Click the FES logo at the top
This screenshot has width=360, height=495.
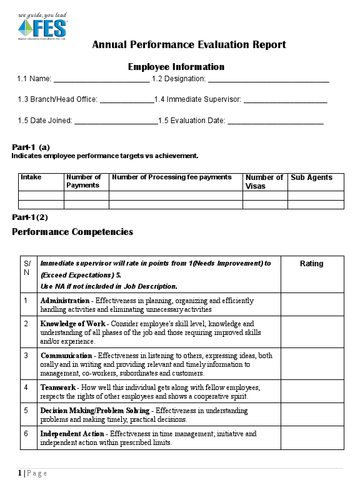pyautogui.click(x=42, y=26)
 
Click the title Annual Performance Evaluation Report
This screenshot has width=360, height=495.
pyautogui.click(x=189, y=44)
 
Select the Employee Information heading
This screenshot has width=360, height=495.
pyautogui.click(x=176, y=67)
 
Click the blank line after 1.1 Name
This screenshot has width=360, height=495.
pyautogui.click(x=101, y=80)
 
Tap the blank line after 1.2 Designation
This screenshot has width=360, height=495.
pyautogui.click(x=268, y=80)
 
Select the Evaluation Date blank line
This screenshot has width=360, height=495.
pyautogui.click(x=275, y=121)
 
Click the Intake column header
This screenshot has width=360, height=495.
pyautogui.click(x=31, y=177)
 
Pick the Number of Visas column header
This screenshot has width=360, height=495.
pyautogui.click(x=264, y=181)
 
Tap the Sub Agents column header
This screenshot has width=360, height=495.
pyautogui.click(x=311, y=177)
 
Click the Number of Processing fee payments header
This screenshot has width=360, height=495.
pyautogui.click(x=171, y=177)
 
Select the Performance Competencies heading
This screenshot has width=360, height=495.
pyautogui.click(x=72, y=232)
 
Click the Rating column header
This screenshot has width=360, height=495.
pyautogui.click(x=312, y=264)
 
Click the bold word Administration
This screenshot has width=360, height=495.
pyautogui.click(x=66, y=301)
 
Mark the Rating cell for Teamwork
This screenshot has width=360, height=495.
pyautogui.click(x=312, y=391)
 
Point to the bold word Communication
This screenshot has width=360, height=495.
pyautogui.click(x=66, y=356)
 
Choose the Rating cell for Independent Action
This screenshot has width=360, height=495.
pyautogui.click(x=312, y=437)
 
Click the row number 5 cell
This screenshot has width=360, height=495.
pyautogui.click(x=26, y=411)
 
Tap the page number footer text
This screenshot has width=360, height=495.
pyautogui.click(x=32, y=473)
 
